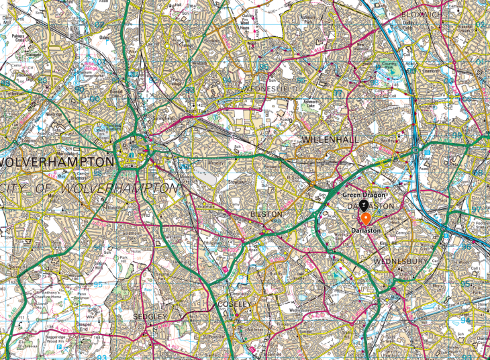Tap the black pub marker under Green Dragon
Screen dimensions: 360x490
363,205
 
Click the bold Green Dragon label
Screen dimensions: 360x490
362,195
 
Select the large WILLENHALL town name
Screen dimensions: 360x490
332,139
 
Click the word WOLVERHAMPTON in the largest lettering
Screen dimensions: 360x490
57,163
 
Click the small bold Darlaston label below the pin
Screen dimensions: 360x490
365,231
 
